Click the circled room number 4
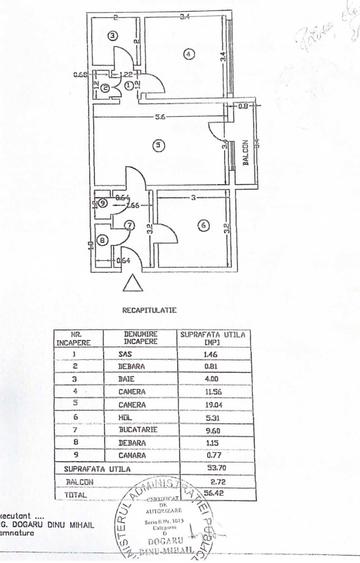(x=188, y=53)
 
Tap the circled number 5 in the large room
(x=159, y=146)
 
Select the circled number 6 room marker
(x=203, y=226)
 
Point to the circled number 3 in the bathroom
(x=114, y=35)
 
